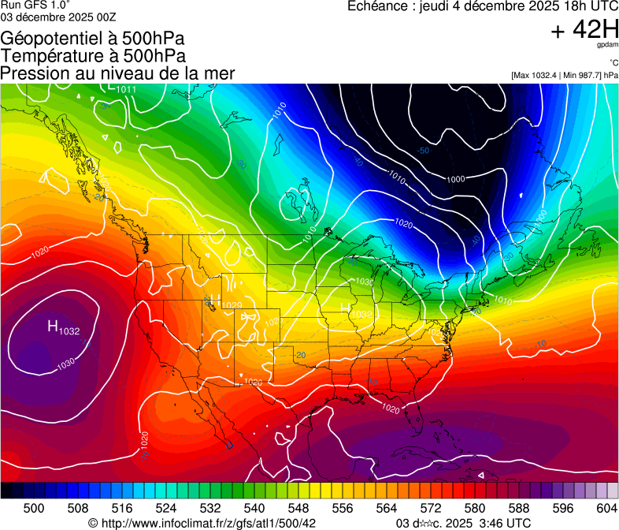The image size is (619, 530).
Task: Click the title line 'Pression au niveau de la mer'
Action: (118, 73)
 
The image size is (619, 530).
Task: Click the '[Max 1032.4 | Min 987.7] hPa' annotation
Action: (564, 75)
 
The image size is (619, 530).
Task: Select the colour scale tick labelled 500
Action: (35, 509)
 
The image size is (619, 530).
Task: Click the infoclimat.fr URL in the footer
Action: (209, 523)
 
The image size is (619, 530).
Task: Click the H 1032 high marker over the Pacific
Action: (63, 328)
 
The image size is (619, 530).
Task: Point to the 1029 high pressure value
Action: (232, 305)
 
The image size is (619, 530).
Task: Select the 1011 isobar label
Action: (126, 89)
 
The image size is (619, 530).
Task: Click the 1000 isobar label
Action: (455, 180)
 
